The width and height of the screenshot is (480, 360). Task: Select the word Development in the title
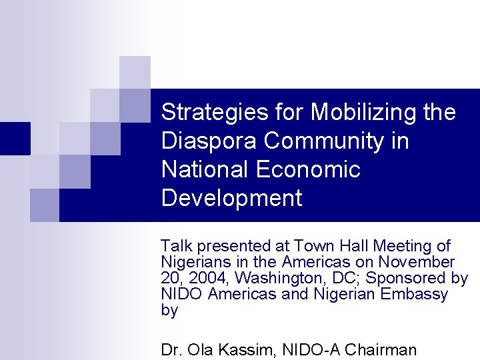231,198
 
